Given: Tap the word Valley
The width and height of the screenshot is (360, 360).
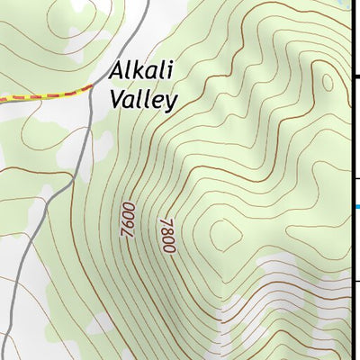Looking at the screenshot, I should pos(142,99).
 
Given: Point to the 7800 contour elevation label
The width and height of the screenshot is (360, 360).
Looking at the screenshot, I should pos(166,236).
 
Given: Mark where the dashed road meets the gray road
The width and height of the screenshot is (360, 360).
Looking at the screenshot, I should pos(92,86).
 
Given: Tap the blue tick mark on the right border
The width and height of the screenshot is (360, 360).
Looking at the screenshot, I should pos(356,207).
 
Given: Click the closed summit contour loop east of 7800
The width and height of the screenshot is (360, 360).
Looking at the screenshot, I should pos(225,236).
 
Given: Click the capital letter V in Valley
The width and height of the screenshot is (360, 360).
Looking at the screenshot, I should pos(115,99).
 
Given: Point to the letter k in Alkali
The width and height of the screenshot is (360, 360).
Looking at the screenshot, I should pos(139,72).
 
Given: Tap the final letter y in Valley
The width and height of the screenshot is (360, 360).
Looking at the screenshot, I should pos(171,102).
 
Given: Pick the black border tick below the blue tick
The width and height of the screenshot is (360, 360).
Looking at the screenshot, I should pos(356,280).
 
